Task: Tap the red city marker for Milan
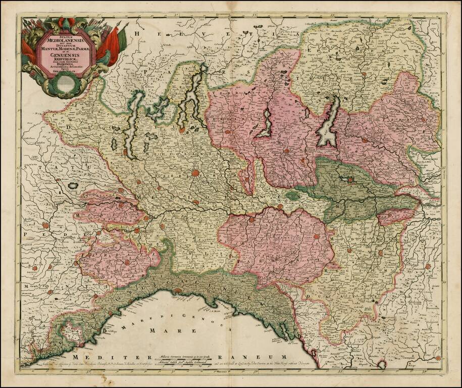195,173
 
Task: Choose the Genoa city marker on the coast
178,290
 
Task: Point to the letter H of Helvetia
135,34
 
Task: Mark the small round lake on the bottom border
382,364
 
